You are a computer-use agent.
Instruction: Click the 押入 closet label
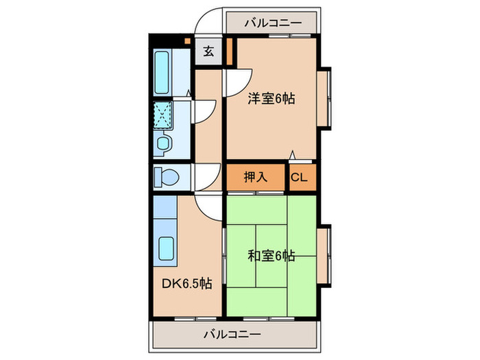255,178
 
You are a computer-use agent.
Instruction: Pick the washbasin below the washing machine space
163,143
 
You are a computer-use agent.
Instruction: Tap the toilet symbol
167,177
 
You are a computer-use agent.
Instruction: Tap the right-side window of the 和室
326,256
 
